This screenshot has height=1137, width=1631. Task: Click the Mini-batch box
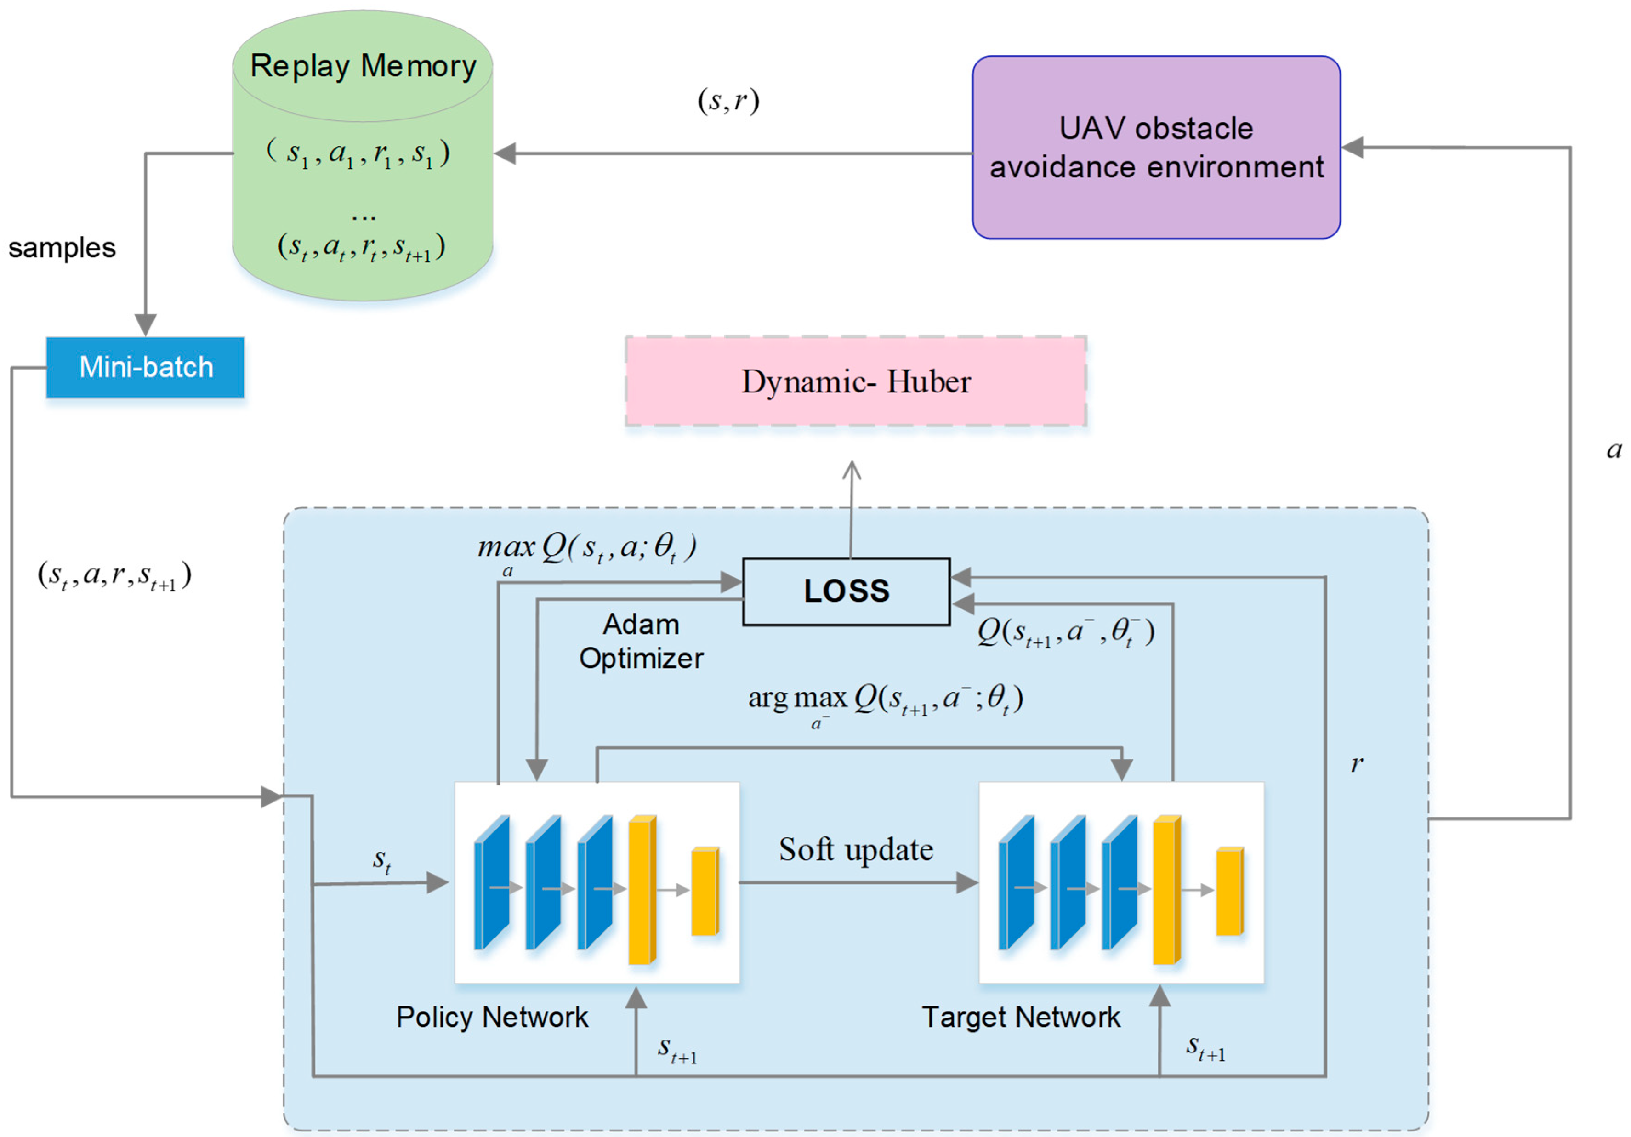(x=146, y=367)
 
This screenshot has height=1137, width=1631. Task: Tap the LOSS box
(x=846, y=591)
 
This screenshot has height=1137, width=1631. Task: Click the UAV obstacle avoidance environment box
(x=1156, y=148)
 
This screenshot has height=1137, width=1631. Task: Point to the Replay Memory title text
(x=363, y=66)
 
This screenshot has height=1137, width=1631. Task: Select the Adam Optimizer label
(x=641, y=641)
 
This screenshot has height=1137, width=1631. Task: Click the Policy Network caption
(x=492, y=1016)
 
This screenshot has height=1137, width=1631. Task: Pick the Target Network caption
(x=1020, y=1016)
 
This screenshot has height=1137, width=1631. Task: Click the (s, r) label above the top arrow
(x=728, y=100)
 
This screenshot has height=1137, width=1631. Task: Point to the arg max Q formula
(x=884, y=699)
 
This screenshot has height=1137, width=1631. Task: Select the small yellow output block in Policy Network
(x=705, y=891)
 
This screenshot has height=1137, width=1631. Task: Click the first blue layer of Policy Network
(x=492, y=883)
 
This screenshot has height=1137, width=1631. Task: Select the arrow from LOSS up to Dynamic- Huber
(x=851, y=508)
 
